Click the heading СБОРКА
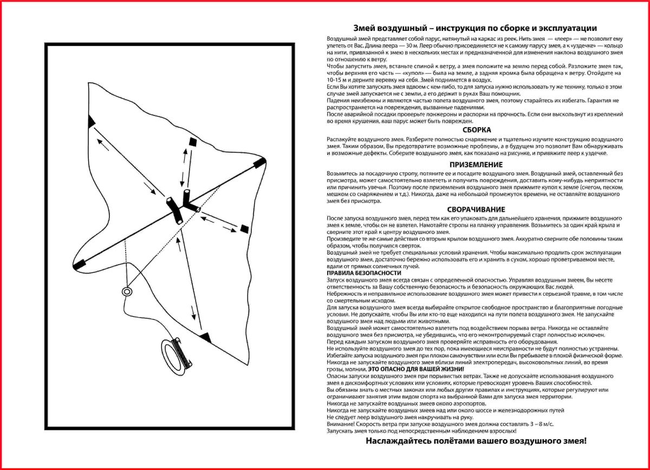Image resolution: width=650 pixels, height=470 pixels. [477, 130]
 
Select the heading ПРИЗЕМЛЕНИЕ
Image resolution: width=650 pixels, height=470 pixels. [476, 165]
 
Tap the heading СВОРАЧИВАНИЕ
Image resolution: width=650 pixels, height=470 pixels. [476, 209]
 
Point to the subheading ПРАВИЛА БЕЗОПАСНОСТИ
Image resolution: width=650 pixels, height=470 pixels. [354, 273]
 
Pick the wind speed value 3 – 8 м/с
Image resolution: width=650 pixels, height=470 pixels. [534, 424]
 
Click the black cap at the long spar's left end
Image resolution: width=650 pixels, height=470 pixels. [80, 264]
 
